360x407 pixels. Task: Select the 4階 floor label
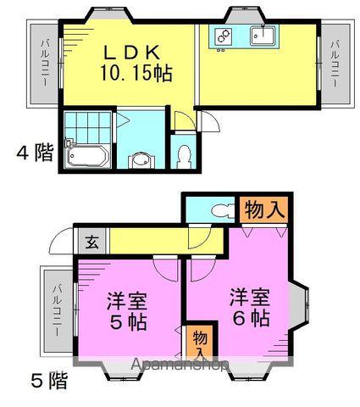pyautogui.click(x=34, y=153)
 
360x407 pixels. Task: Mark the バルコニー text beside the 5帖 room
pyautogui.click(x=56, y=312)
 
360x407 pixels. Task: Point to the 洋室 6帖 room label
pyautogui.click(x=247, y=309)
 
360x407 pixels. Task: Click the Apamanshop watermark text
pyautogui.click(x=180, y=365)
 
